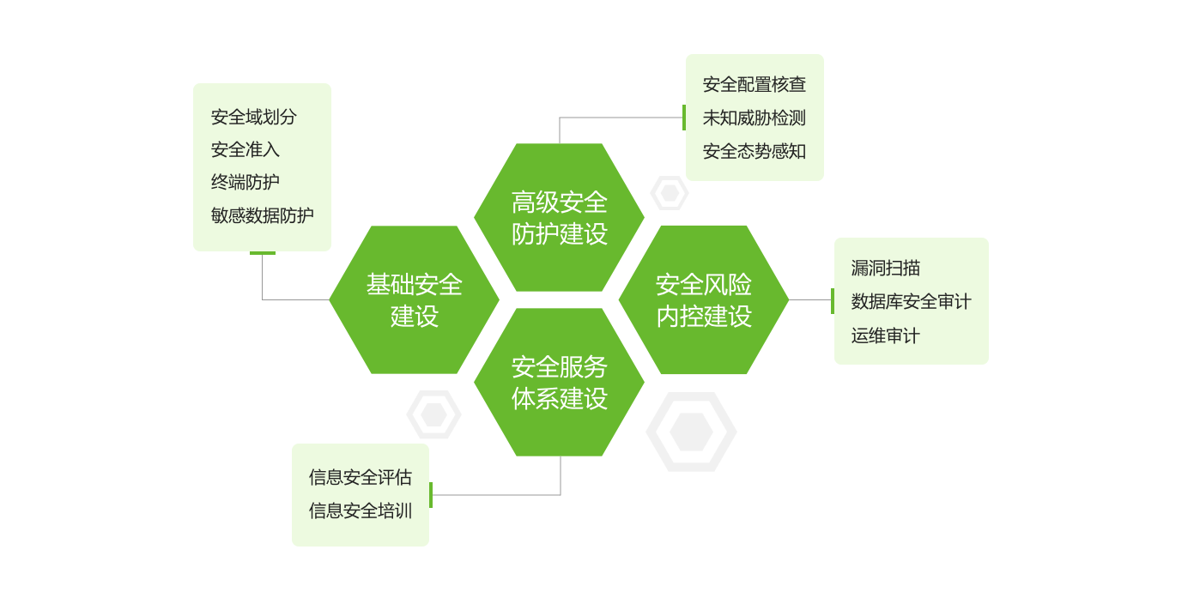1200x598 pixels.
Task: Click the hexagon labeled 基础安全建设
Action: click(415, 299)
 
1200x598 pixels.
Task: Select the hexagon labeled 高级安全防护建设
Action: click(560, 218)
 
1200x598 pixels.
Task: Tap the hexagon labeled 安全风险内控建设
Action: click(704, 299)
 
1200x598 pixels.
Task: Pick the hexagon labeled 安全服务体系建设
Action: click(560, 383)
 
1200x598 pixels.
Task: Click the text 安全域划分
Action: click(253, 117)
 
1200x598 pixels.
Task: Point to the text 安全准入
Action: click(245, 149)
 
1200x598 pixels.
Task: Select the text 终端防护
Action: click(245, 182)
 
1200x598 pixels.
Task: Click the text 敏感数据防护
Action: click(262, 215)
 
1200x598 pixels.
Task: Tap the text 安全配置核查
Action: click(755, 84)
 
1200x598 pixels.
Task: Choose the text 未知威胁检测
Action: click(755, 118)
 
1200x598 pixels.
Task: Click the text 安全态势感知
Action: click(755, 151)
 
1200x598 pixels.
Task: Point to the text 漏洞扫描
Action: click(886, 268)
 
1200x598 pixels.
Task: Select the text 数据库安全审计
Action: click(911, 301)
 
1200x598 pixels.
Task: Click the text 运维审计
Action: click(886, 335)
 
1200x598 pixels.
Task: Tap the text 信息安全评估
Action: click(361, 477)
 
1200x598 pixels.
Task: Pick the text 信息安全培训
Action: click(361, 510)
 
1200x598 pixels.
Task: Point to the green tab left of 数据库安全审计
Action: click(833, 301)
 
